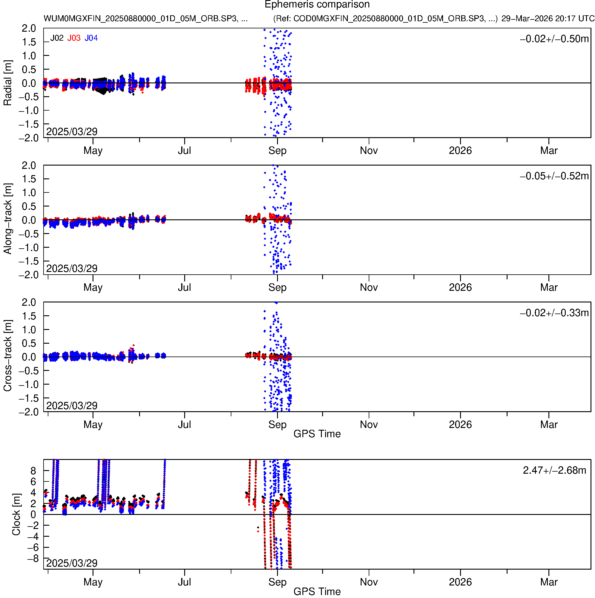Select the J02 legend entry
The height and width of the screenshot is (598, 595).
[x=57, y=38]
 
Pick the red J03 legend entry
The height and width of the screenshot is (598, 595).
[x=74, y=38]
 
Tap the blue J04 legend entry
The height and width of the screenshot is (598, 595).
[x=91, y=38]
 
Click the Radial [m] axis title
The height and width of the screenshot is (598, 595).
[x=7, y=83]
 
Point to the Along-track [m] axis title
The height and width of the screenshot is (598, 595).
[x=7, y=219]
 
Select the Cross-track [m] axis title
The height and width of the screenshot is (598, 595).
[x=7, y=356]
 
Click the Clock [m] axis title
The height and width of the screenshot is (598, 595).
[x=16, y=514]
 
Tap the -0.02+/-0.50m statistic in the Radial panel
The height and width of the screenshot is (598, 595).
[x=554, y=39]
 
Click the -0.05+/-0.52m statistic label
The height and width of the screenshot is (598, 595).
[x=554, y=176]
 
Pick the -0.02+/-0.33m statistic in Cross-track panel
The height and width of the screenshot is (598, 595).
[x=554, y=313]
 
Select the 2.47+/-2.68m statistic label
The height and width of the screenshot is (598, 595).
[x=554, y=470]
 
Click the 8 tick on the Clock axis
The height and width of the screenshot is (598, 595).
[x=33, y=471]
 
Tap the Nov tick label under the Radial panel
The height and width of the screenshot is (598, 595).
[x=369, y=151]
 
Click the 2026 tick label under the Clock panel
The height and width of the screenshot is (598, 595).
[x=460, y=582]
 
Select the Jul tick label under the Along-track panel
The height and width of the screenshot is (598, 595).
[x=184, y=287]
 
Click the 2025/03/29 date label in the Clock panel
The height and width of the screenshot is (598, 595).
[x=72, y=563]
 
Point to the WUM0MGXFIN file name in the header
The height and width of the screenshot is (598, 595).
[x=145, y=19]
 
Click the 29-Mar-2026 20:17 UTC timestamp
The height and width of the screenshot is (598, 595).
[x=547, y=19]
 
